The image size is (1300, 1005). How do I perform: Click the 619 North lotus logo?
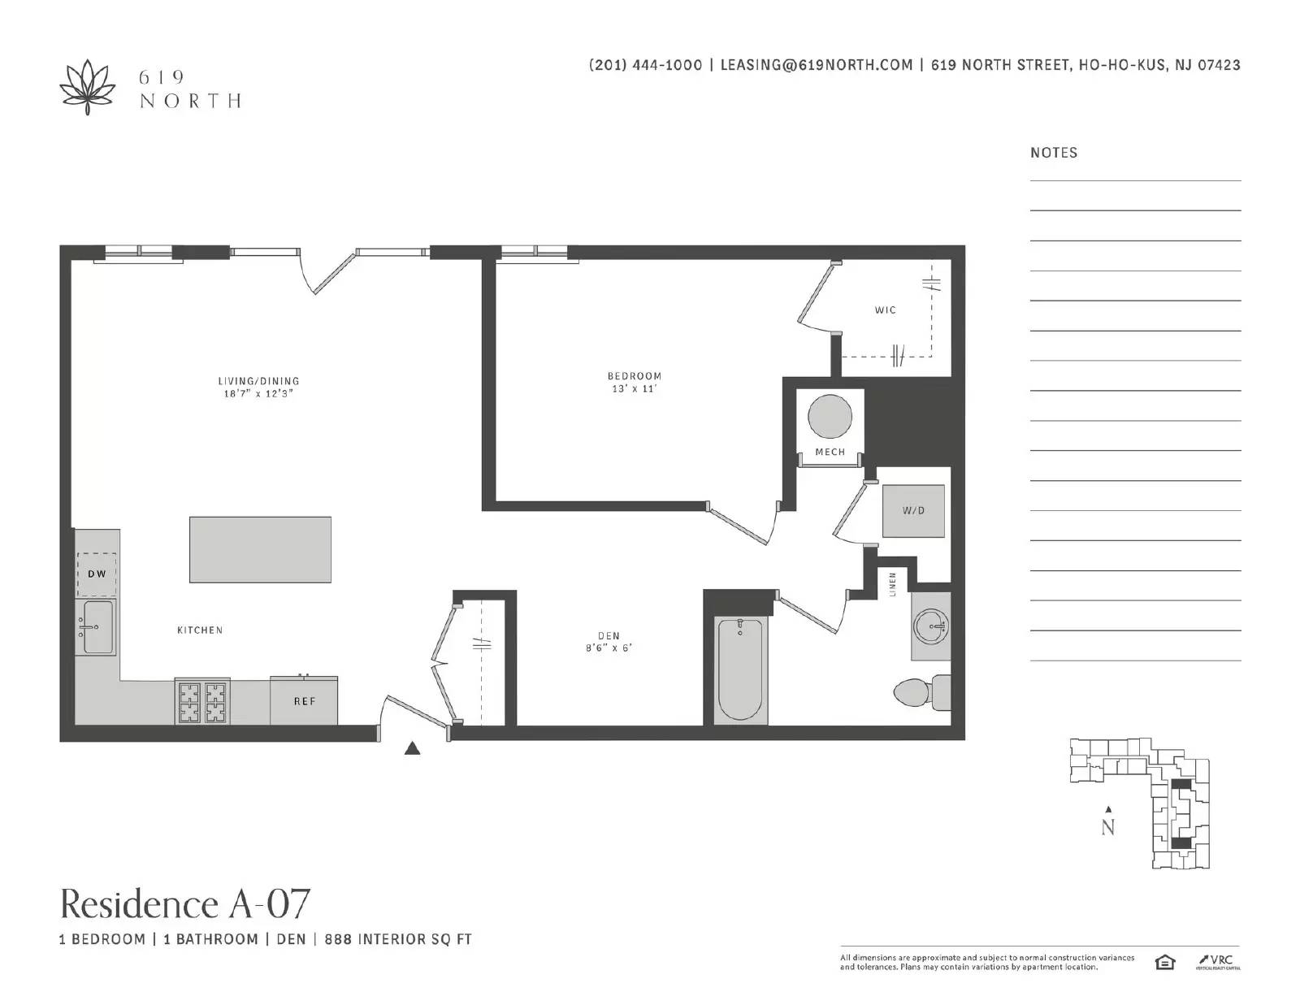[x=88, y=88]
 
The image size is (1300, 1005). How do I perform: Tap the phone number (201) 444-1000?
[x=645, y=65]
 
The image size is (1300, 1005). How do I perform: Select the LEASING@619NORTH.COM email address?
[x=817, y=65]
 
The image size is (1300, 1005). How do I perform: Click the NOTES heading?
[x=1054, y=153]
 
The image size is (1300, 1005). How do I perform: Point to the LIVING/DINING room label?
[x=258, y=381]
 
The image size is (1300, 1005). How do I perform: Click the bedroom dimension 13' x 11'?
[x=634, y=389]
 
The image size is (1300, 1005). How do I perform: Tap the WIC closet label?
[x=886, y=310]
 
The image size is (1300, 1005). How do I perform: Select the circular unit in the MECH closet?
[x=830, y=417]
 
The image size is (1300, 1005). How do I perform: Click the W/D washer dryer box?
[x=913, y=511]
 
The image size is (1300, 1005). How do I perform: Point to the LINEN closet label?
[x=893, y=584]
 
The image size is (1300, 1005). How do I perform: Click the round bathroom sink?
[x=931, y=626]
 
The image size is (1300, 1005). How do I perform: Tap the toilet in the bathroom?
[x=922, y=692]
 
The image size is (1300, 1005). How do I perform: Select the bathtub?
[x=741, y=669]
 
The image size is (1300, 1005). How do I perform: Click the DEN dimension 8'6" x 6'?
[x=609, y=648]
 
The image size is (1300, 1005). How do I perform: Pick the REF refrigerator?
[x=304, y=700]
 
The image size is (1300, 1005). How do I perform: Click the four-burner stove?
[x=203, y=702]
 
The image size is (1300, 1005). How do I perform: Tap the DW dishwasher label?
[x=97, y=574]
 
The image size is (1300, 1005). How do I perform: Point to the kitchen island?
[x=260, y=550]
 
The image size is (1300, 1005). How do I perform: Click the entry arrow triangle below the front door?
[x=412, y=748]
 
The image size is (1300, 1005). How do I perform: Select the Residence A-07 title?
[x=185, y=904]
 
